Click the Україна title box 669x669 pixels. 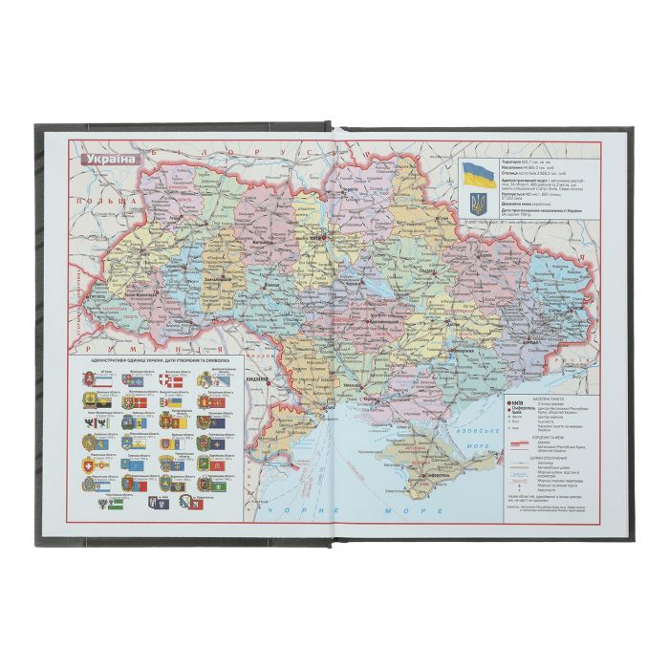coord(112,159)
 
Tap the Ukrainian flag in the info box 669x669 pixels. coord(477,175)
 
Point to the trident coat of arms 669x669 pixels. coord(478,202)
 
